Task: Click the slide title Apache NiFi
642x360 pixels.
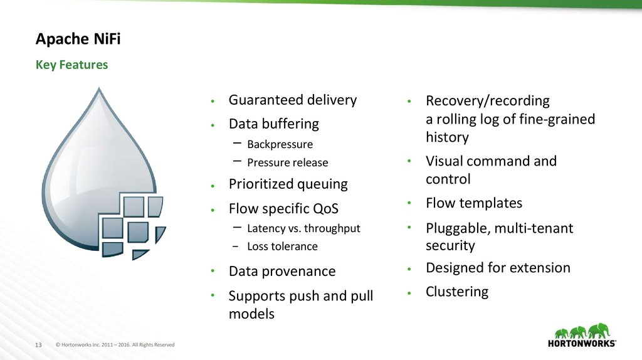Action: coord(78,40)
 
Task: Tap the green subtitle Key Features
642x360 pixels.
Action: coord(71,65)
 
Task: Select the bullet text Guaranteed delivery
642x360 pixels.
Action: coord(292,100)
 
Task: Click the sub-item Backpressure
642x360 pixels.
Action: coord(280,144)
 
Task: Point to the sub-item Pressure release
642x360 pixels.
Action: coord(287,162)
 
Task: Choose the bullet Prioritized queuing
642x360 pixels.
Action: coord(288,184)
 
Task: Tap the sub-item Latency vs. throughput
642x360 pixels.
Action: coord(303,228)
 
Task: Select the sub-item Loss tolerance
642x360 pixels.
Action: coord(282,246)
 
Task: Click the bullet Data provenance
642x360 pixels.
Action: coord(282,272)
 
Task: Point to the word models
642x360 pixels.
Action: coord(251,314)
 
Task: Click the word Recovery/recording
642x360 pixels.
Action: coord(487,101)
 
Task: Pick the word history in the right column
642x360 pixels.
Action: coord(447,137)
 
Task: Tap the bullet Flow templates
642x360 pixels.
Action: coord(473,203)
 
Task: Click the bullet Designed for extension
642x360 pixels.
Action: coord(498,268)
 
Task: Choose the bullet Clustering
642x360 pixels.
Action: coord(456,292)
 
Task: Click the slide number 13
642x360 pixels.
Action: coord(37,345)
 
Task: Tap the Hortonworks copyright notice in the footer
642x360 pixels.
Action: coord(115,345)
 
